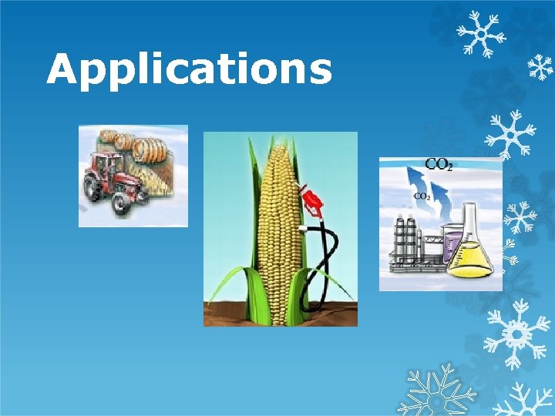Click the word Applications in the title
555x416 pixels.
point(189,69)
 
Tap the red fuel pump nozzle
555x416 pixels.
point(313,202)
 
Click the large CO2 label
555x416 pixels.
point(439,164)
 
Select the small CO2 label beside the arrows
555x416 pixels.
point(422,196)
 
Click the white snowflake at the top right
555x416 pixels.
point(479,35)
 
